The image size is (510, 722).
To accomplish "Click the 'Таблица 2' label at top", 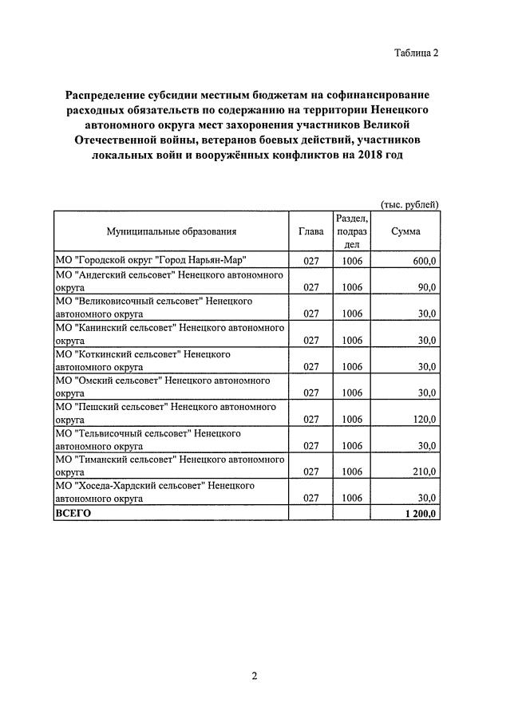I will click(x=416, y=53).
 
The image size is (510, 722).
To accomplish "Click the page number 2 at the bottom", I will click(x=255, y=677).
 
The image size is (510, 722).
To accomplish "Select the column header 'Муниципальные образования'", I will click(x=171, y=231).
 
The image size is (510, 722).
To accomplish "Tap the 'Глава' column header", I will click(x=310, y=231).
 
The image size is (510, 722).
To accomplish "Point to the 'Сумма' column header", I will click(x=405, y=231).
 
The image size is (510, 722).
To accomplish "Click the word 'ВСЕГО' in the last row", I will click(x=73, y=513).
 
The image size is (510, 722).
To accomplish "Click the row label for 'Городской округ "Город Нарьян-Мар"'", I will click(x=150, y=261).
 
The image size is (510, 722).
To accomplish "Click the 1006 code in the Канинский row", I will click(x=352, y=340).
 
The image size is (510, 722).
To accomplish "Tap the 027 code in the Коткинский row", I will click(x=311, y=366).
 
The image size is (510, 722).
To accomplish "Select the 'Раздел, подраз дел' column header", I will click(x=352, y=231).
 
